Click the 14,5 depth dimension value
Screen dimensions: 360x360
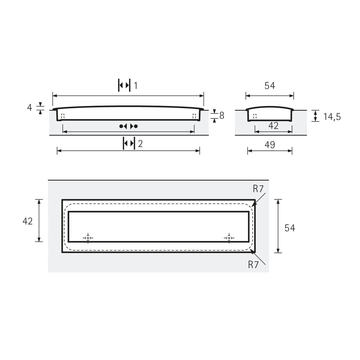[x=332, y=117]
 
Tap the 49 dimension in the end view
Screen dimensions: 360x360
[x=270, y=145]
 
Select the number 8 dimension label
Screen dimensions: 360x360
[x=222, y=115]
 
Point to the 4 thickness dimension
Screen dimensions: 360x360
[x=29, y=107]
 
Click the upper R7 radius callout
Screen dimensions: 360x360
[x=258, y=189]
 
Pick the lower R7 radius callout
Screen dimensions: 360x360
[x=253, y=265]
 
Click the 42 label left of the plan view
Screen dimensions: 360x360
[x=28, y=221]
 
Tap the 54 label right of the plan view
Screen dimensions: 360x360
[x=290, y=228]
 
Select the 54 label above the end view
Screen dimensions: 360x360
[x=270, y=86]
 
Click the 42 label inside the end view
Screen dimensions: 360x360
[x=273, y=126]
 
